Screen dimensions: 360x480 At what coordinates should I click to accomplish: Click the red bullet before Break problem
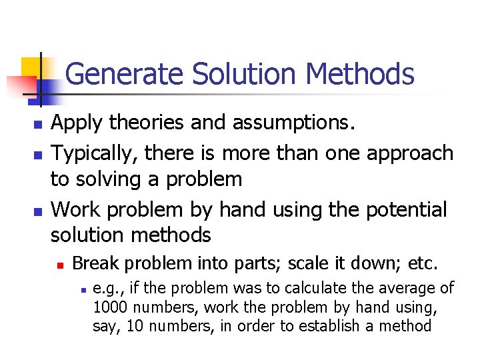coord(59,265)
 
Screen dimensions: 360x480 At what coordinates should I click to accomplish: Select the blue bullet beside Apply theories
coord(37,125)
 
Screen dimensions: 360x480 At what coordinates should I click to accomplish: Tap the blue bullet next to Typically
coord(37,155)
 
